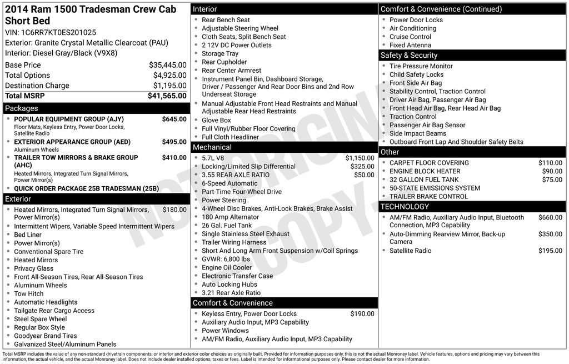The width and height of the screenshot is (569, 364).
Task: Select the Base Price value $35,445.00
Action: point(167,65)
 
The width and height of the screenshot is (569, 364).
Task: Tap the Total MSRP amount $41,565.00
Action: point(167,96)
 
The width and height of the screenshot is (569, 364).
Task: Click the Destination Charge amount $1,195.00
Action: point(169,86)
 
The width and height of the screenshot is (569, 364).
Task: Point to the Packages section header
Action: point(22,108)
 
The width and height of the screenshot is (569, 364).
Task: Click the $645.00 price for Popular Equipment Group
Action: point(174,119)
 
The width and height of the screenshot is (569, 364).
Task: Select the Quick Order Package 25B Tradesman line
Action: point(86,188)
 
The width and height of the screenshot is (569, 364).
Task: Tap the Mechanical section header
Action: point(212,147)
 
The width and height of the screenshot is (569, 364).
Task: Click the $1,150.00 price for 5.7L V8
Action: point(360,158)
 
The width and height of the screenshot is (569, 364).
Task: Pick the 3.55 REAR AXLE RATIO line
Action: point(236,175)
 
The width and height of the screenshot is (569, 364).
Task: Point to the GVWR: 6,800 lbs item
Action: point(226,259)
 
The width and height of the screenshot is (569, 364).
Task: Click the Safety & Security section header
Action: point(409,56)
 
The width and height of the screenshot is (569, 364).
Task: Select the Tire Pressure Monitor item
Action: point(421,66)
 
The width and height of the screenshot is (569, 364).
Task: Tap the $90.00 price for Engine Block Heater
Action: point(552,171)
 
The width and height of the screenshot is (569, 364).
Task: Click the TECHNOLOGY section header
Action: point(405,207)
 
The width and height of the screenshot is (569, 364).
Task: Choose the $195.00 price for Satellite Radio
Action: point(550,251)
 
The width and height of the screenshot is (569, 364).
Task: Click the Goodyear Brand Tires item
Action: point(45,336)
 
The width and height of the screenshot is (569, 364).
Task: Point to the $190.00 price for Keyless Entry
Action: point(362,314)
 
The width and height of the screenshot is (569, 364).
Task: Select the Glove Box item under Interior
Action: point(216,120)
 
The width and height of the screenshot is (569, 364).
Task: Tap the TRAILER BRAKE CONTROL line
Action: point(428,196)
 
